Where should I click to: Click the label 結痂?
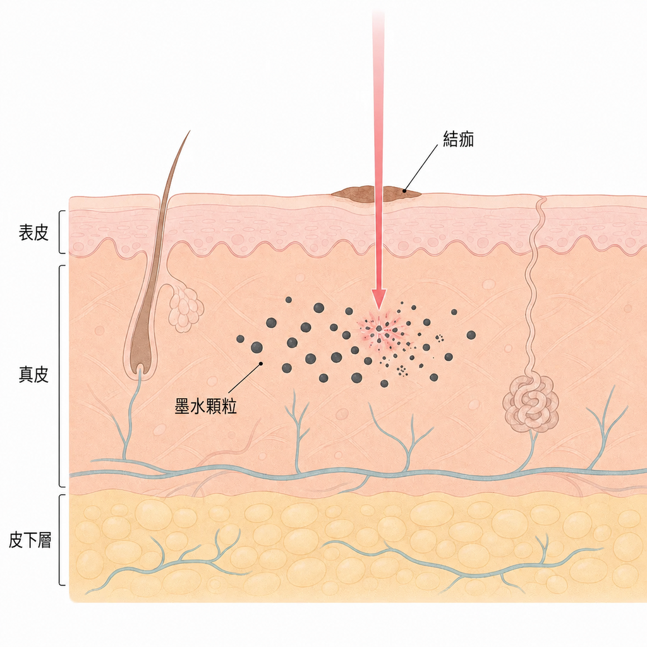point(458,139)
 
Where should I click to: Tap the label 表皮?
point(33,233)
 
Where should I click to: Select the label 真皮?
point(33,375)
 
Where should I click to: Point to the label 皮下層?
point(30,540)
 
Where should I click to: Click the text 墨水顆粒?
point(206,406)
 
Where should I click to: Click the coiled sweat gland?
point(531,404)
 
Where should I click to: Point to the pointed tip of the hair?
point(190,131)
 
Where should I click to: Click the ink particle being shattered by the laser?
point(379,329)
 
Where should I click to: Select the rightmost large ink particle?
point(471,335)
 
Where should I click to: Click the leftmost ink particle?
point(240,339)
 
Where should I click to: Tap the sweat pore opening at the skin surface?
point(542,200)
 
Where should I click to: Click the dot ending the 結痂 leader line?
point(405,191)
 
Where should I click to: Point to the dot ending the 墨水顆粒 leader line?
point(261,363)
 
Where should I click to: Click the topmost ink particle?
point(288,299)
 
